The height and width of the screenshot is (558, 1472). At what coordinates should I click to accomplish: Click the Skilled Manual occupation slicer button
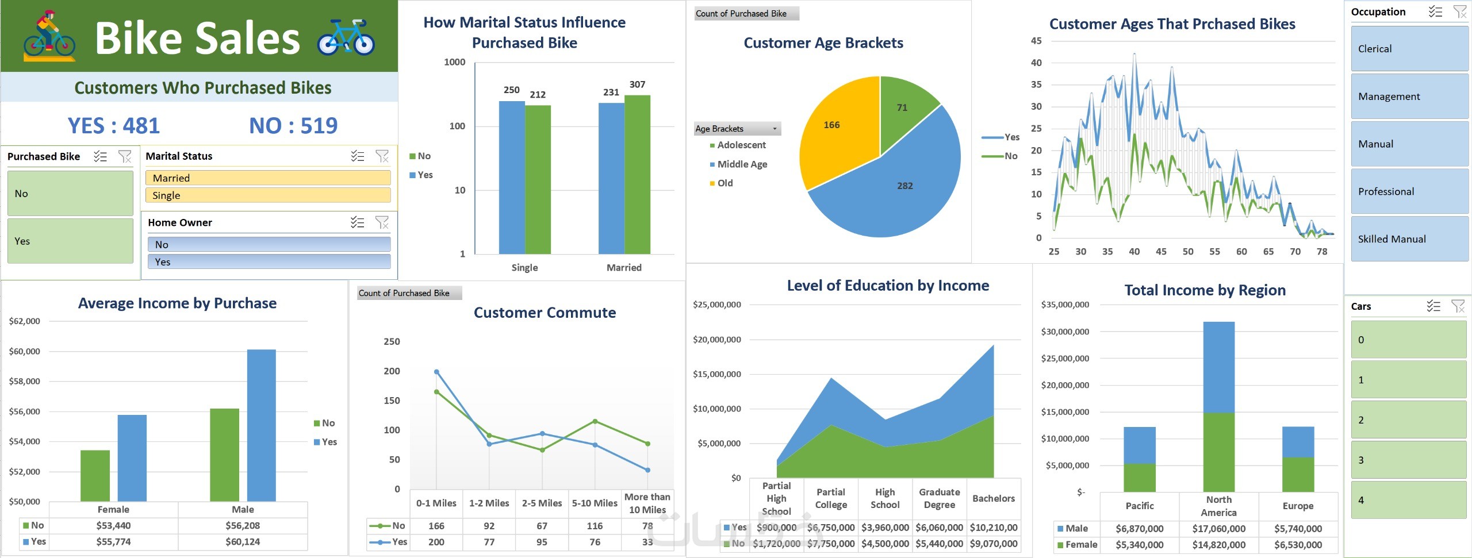pyautogui.click(x=1409, y=239)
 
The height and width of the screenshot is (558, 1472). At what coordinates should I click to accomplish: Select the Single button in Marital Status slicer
pyautogui.click(x=267, y=195)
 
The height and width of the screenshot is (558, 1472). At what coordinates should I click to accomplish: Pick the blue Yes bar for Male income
pyautogui.click(x=261, y=425)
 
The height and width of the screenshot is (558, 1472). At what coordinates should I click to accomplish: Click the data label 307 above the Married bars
pyautogui.click(x=637, y=84)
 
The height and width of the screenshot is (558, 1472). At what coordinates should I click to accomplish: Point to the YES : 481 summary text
pyautogui.click(x=114, y=126)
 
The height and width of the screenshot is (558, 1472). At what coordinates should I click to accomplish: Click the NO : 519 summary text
pyautogui.click(x=293, y=126)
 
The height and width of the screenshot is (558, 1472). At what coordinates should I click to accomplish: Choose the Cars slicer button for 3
pyautogui.click(x=1408, y=460)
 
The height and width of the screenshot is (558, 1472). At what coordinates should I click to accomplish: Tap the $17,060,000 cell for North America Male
pyautogui.click(x=1218, y=529)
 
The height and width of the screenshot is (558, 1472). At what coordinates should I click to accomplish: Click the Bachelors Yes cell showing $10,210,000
pyautogui.click(x=993, y=528)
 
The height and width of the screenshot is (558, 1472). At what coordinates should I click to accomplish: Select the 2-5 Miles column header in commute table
pyautogui.click(x=542, y=503)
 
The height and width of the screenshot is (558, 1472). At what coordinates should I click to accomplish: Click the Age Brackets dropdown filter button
pyautogui.click(x=775, y=129)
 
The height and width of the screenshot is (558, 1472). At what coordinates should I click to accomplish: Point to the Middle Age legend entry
pyautogui.click(x=742, y=164)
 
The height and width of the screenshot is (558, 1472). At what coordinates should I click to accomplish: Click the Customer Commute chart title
pyautogui.click(x=545, y=313)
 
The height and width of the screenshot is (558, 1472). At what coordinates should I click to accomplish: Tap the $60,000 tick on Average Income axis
pyautogui.click(x=24, y=351)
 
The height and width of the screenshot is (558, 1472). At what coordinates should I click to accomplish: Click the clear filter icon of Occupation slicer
pyautogui.click(x=1459, y=11)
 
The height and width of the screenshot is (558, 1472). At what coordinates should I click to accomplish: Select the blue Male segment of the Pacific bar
pyautogui.click(x=1139, y=445)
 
